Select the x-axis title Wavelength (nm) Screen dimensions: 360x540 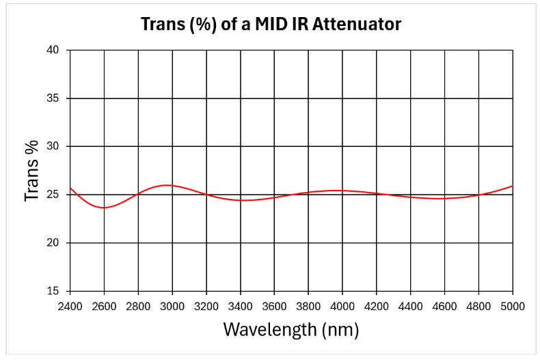click(291, 330)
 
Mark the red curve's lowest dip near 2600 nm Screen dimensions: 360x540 click(104, 208)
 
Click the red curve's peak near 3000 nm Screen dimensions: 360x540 click(167, 185)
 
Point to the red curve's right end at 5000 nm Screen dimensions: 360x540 click(512, 186)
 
